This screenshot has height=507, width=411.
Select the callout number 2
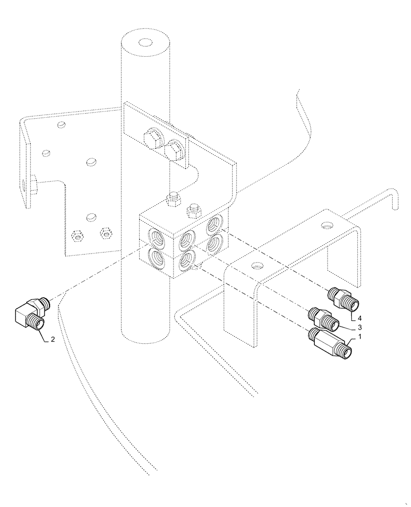click(52, 340)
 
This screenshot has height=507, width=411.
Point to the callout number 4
click(359, 317)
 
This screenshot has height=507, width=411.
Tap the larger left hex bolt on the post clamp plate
click(153, 139)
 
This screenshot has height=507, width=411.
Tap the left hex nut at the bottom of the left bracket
click(78, 235)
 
